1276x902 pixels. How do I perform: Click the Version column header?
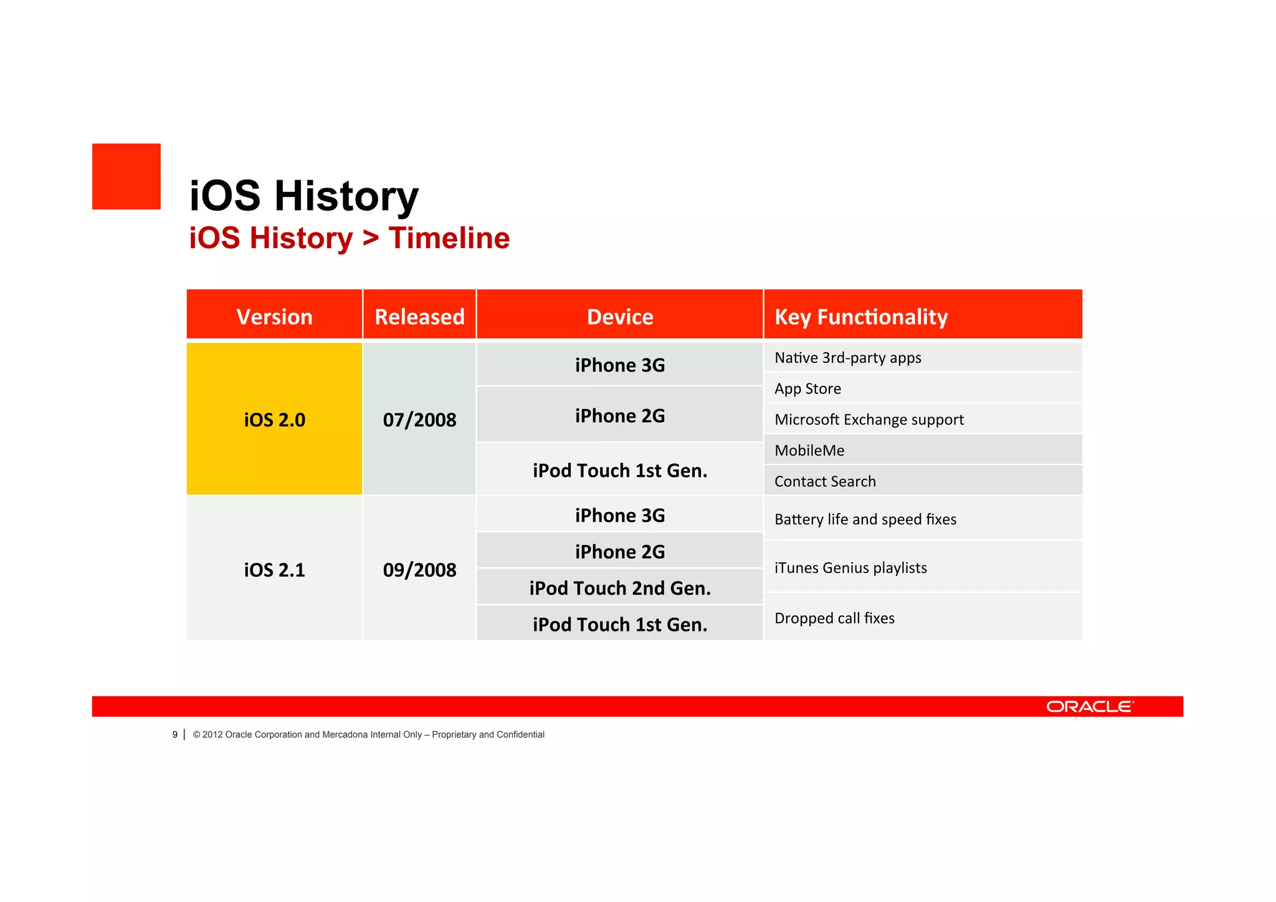274,317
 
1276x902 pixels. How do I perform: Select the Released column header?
419,317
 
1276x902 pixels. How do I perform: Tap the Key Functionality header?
861,317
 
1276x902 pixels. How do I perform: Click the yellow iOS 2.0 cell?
274,420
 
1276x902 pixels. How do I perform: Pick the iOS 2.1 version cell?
274,570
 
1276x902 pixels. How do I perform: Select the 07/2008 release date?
419,420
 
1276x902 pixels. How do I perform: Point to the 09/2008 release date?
419,570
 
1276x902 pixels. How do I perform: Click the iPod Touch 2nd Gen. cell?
620,588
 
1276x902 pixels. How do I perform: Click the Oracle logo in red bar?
1090,706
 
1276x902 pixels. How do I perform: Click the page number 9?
175,734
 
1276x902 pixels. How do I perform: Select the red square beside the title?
126,176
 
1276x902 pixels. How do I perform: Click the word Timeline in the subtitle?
449,238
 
